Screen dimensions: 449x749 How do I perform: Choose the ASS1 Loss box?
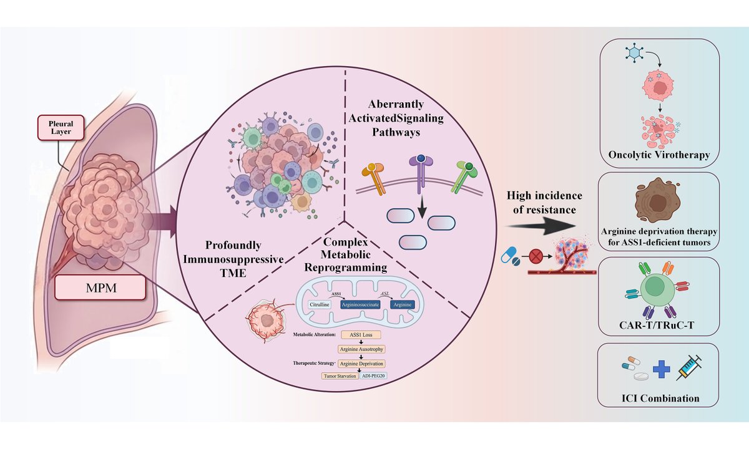tap(361, 334)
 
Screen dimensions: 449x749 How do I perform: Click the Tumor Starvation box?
tap(341, 376)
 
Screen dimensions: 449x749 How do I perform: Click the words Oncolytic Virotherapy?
tap(659, 155)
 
